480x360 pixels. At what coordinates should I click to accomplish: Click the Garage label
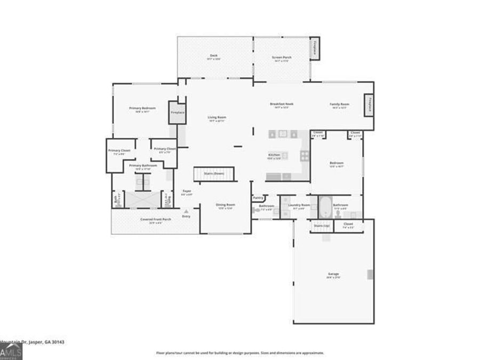[333, 274]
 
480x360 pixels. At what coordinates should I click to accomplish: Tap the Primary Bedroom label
[139, 108]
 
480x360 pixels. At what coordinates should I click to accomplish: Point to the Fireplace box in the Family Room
[369, 105]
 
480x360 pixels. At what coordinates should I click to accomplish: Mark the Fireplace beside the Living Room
[177, 113]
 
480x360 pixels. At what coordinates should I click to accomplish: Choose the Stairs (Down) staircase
[214, 174]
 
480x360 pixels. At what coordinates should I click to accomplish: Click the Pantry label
[258, 197]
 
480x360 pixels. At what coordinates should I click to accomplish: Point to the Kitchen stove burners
[305, 156]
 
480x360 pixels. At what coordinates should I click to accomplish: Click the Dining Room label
[225, 204]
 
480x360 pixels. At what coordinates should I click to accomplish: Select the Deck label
[213, 56]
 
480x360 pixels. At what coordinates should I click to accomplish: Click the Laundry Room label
[299, 205]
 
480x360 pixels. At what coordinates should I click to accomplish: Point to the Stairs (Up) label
[322, 226]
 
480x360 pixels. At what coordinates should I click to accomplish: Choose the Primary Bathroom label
[143, 165]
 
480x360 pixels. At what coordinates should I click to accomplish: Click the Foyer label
[187, 191]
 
